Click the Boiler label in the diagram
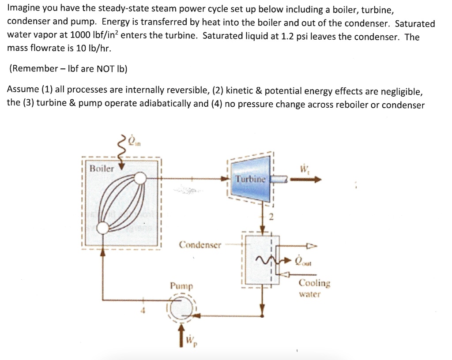click(102, 168)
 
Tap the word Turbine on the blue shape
click(250, 179)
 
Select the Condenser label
click(200, 244)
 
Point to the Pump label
click(181, 286)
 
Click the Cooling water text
click(314, 288)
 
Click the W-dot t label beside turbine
click(304, 169)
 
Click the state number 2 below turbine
click(272, 217)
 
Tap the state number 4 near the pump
click(142, 311)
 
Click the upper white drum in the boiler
click(140, 178)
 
